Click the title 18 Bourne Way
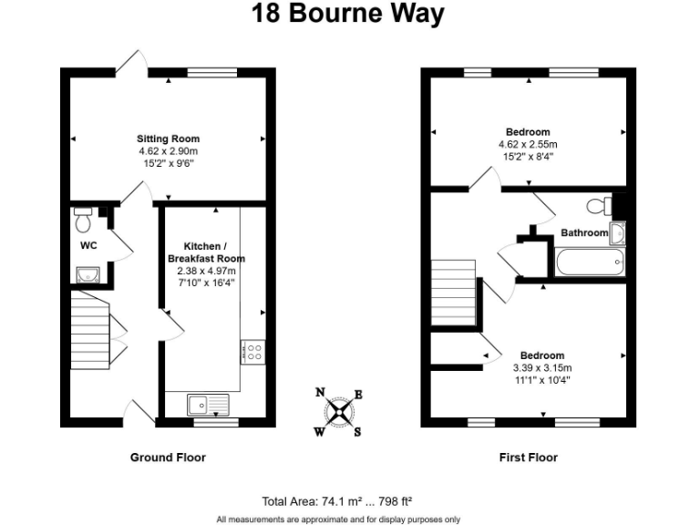(x=350, y=15)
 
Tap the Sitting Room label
(x=169, y=139)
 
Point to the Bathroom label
(x=583, y=233)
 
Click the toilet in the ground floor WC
(x=83, y=219)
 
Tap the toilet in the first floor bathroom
(x=599, y=204)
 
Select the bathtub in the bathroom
(x=591, y=263)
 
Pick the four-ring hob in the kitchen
(x=252, y=353)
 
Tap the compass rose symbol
(x=338, y=412)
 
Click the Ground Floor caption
(x=168, y=458)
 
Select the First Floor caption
(x=529, y=458)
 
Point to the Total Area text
(x=337, y=500)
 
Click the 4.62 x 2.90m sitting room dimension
(x=169, y=150)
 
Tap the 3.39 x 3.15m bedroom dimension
(x=541, y=367)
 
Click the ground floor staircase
(x=90, y=328)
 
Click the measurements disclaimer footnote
(x=337, y=519)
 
